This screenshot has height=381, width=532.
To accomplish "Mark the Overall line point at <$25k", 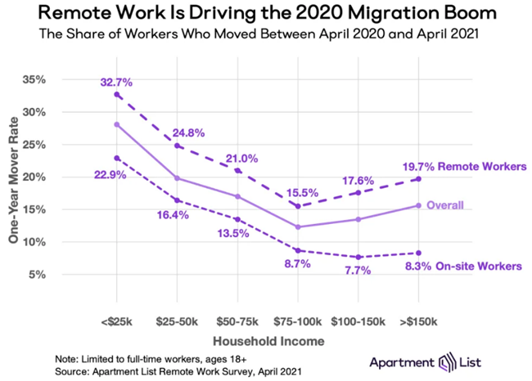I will pos(117,124).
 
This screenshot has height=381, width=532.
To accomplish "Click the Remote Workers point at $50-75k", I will pos(238,170).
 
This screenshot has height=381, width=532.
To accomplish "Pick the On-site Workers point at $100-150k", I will pos(358,257).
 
